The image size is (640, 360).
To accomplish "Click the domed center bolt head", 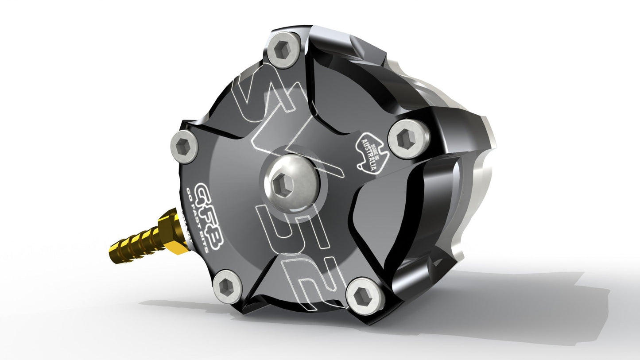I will coord(286,182).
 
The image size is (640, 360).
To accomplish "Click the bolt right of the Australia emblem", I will coord(408,139).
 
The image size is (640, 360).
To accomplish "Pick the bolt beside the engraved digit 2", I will coord(365,295).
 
